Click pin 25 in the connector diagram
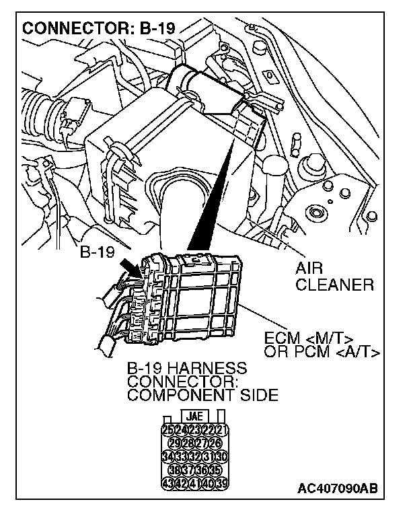[167, 429]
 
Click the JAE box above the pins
[194, 415]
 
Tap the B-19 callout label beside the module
[98, 253]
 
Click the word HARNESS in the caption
[208, 369]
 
